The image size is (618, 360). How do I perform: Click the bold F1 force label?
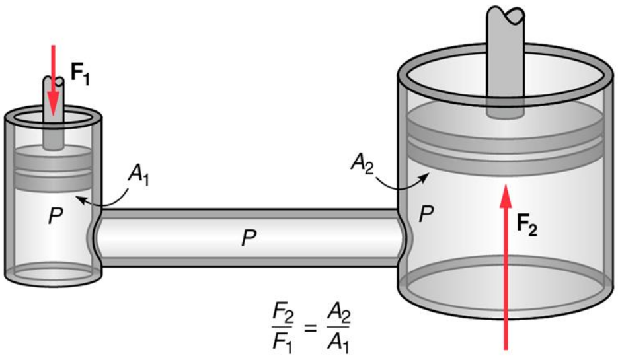80,74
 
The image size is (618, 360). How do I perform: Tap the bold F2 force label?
527,225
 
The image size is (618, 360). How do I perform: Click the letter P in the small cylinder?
55,216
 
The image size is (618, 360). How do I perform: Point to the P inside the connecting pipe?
249,238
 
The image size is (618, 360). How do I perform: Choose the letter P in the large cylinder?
426,214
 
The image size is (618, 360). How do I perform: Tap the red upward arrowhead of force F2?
506,198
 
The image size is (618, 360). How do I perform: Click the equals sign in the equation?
310,328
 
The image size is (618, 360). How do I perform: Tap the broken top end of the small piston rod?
54,81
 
